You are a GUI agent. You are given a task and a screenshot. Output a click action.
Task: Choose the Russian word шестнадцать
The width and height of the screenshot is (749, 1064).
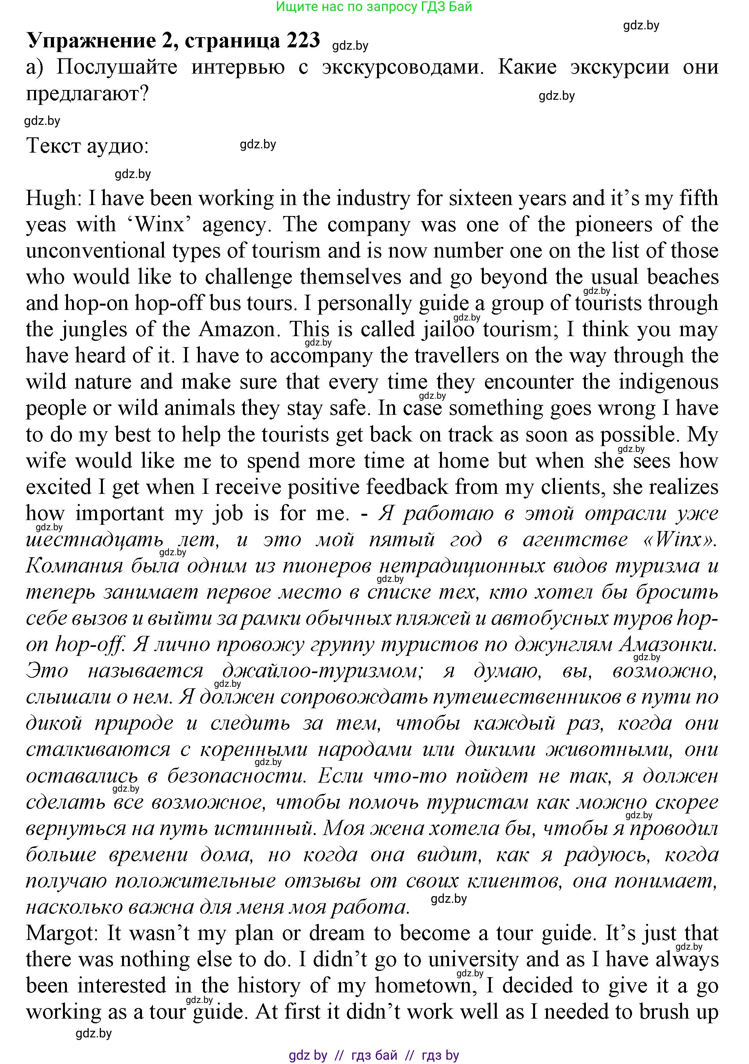95,540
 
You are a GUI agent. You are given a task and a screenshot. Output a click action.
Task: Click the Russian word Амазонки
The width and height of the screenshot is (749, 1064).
668,645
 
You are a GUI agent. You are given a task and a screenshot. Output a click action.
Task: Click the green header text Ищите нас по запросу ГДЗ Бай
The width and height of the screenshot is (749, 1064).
374,7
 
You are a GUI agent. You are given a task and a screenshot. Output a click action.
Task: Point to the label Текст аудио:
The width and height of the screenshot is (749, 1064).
88,146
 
